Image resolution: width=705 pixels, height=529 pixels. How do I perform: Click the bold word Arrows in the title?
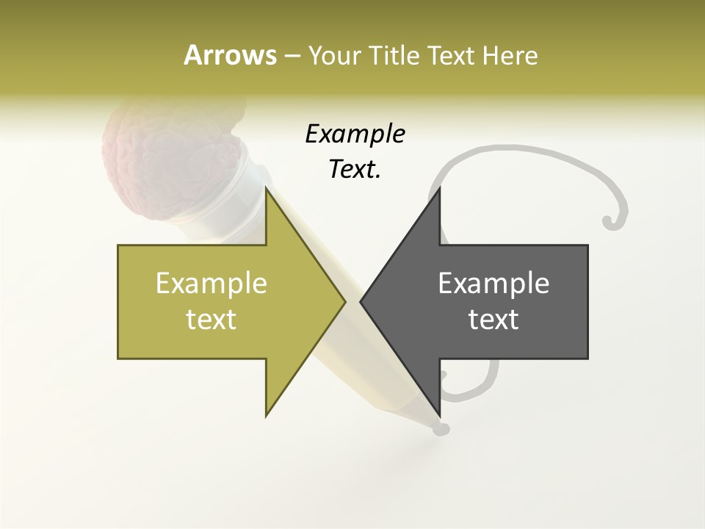pos(230,55)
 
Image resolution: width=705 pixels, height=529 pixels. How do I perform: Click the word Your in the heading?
pos(336,56)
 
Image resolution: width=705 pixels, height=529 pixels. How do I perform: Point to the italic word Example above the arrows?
pos(355,134)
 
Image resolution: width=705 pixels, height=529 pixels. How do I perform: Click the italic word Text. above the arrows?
pos(355,170)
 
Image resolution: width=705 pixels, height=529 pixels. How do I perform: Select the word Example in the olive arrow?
pos(211,283)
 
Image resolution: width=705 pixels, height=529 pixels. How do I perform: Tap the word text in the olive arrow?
pos(211,320)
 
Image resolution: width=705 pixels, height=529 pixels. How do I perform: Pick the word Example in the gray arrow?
pos(493,283)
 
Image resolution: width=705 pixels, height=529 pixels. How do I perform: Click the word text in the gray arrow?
pos(493,320)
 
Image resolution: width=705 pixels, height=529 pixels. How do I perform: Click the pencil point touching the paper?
pos(438,427)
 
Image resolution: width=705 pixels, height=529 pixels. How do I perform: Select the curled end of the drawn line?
pos(611,219)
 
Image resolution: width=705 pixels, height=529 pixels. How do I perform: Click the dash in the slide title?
pos(292,56)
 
